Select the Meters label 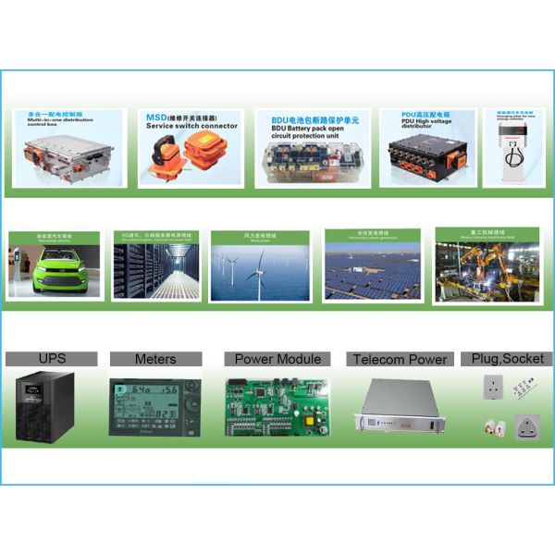tap(155, 359)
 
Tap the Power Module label tap(277, 359)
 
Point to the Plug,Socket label tap(506, 358)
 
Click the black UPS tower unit tap(50, 404)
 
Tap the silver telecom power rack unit tap(398, 406)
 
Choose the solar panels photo tap(372, 267)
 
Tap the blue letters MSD tap(155, 118)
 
